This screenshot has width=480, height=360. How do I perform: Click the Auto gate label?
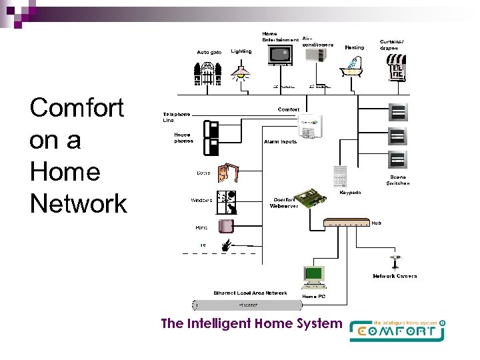pos(209,52)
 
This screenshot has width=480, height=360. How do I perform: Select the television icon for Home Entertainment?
pos(279,55)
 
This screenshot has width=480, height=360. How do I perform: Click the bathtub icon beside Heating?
pos(353,67)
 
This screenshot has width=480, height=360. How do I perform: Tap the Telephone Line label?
pos(177,117)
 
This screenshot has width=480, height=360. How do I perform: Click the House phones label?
pos(184,138)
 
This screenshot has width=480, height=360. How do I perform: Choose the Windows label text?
pos(202,200)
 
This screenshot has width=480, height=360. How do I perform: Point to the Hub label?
pos(377,223)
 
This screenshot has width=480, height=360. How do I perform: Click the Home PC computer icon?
pos(313,275)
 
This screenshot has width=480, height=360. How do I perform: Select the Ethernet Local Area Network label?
pos(250,293)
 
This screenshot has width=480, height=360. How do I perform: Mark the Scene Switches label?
pos(398,180)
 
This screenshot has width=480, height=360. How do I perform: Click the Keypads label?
pos(351,193)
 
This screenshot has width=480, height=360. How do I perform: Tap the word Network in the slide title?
pos(78,203)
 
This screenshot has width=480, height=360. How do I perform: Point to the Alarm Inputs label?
pos(280,142)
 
